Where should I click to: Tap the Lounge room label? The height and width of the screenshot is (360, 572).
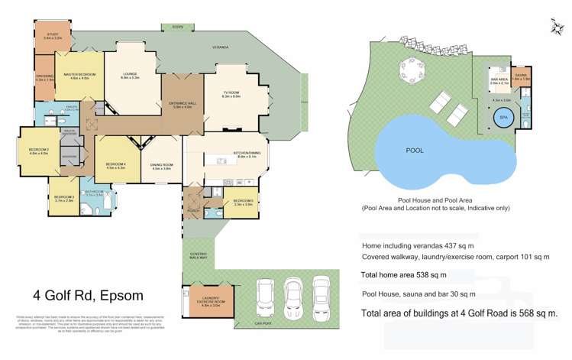click(x=131, y=76)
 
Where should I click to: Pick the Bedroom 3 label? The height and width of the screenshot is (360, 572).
click(x=64, y=199)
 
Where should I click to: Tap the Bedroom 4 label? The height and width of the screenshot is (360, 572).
click(x=115, y=165)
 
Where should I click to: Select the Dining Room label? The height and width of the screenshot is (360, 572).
click(x=162, y=167)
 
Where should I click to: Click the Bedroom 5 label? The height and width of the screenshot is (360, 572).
click(x=244, y=203)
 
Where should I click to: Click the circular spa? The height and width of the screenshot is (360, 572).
click(x=503, y=118)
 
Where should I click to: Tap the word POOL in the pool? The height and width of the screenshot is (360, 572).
click(x=415, y=151)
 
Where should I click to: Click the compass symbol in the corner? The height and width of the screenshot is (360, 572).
click(x=554, y=28)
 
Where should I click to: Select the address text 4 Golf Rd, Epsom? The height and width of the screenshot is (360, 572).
click(x=88, y=295)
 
